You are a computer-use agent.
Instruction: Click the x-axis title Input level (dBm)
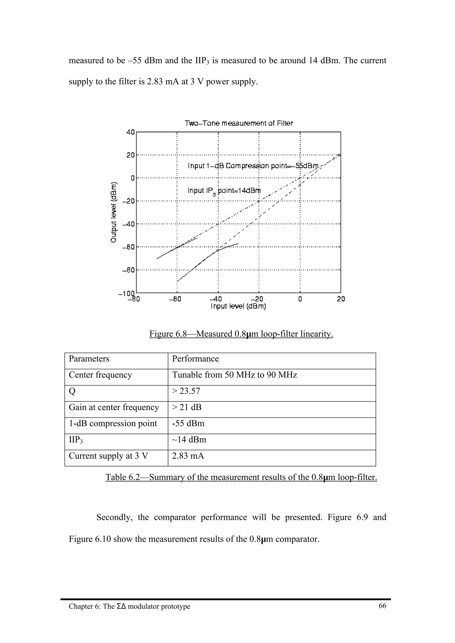click(x=238, y=306)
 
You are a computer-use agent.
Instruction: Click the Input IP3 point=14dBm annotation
click(x=224, y=191)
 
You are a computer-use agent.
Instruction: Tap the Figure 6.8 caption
click(x=241, y=334)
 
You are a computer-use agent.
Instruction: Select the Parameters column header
click(x=89, y=359)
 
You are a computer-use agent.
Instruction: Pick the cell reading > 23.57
click(x=186, y=391)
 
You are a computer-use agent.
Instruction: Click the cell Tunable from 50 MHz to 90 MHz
click(x=234, y=375)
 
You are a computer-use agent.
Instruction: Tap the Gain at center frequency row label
click(x=114, y=407)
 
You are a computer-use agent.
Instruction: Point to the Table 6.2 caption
click(x=241, y=477)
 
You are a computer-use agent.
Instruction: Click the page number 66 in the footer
click(x=382, y=606)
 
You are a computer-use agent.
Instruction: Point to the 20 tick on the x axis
click(x=341, y=299)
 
